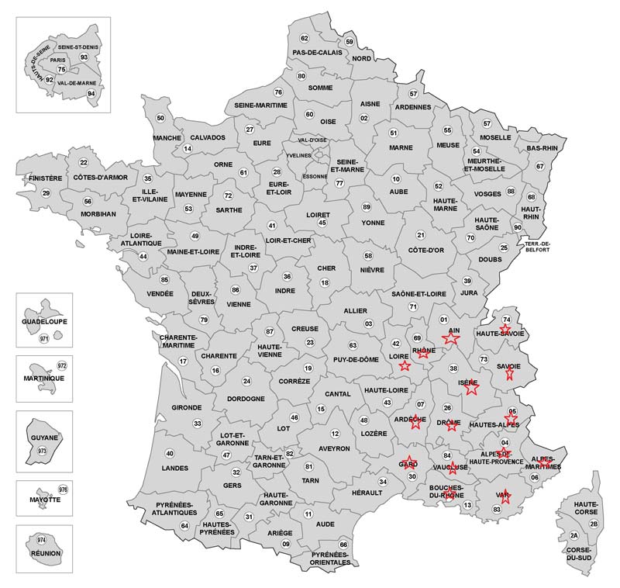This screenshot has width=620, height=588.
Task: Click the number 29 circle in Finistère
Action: pyautogui.click(x=46, y=193)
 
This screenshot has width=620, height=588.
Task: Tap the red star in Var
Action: pyautogui.click(x=505, y=496)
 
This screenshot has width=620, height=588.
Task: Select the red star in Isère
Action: pyautogui.click(x=470, y=387)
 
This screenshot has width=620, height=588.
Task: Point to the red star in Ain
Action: pyautogui.click(x=450, y=337)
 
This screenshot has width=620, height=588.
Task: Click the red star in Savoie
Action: pyautogui.click(x=509, y=373)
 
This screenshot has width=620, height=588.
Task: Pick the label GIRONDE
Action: pyautogui.click(x=187, y=407)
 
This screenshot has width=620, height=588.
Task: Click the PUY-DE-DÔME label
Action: pyautogui.click(x=356, y=359)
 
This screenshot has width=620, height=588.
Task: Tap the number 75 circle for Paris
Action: pyautogui.click(x=62, y=70)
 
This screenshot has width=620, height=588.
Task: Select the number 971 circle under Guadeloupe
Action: pyautogui.click(x=44, y=338)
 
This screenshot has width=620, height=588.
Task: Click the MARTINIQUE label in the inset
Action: pyautogui.click(x=43, y=378)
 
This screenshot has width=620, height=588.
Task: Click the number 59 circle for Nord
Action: pyautogui.click(x=350, y=42)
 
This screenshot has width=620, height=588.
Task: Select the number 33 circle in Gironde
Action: pyautogui.click(x=198, y=424)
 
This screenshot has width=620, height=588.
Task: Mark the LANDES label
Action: pyautogui.click(x=174, y=469)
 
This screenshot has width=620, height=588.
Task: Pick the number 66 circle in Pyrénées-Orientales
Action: pyautogui.click(x=343, y=545)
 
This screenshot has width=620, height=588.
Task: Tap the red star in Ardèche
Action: pyautogui.click(x=416, y=422)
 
